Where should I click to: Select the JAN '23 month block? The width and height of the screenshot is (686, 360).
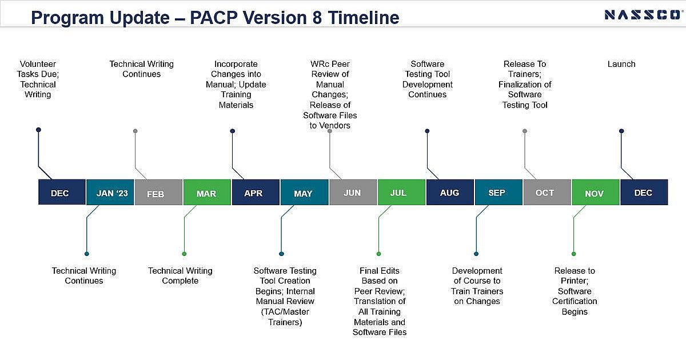[110, 192]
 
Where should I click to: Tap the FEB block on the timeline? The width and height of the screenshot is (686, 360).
[159, 192]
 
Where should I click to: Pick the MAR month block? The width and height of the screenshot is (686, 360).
[207, 192]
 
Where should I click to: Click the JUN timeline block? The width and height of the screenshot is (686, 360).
[353, 192]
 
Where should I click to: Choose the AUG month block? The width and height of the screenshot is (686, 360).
[450, 192]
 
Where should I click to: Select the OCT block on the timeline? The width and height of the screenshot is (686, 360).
[547, 192]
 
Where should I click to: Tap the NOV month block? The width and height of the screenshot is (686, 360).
[596, 192]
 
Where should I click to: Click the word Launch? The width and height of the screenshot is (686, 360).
[621, 64]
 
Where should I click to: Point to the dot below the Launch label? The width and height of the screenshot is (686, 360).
[621, 131]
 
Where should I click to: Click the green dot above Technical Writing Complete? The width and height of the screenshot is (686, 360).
[184, 254]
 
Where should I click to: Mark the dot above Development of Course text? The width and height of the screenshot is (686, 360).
[476, 254]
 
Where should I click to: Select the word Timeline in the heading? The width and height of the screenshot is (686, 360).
[364, 18]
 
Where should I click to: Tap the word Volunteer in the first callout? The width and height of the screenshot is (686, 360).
[38, 64]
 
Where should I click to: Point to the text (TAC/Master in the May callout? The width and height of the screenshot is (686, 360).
[285, 311]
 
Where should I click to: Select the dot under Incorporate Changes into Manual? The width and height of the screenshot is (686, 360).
[233, 131]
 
